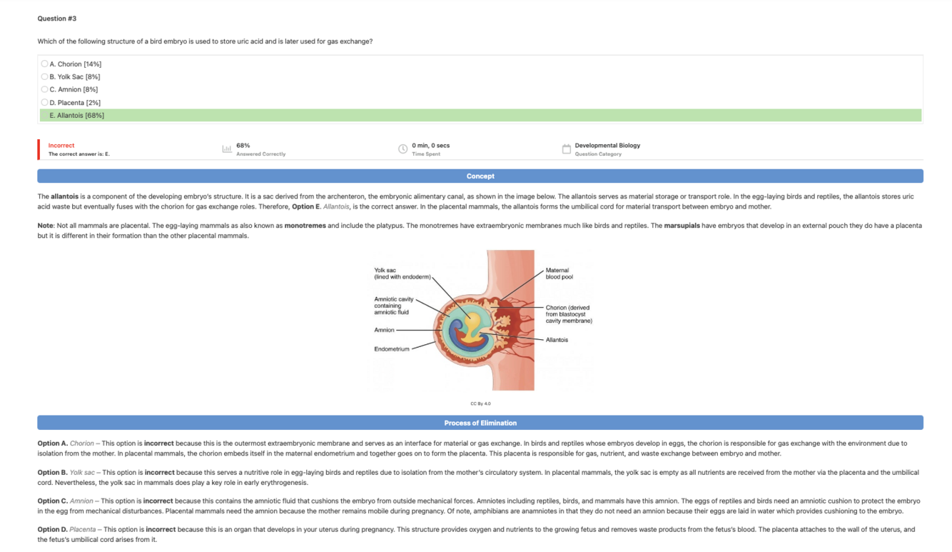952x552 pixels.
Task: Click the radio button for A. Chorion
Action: pos(44,64)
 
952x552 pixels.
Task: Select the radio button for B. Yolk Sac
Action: pos(44,76)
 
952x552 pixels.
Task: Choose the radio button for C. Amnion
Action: pos(44,89)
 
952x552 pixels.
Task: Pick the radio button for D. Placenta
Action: pos(44,102)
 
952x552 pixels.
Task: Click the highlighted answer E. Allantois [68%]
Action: pos(77,115)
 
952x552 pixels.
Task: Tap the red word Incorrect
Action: pos(61,145)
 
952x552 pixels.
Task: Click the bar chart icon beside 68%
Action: pos(227,149)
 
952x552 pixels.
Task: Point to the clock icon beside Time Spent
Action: pos(402,149)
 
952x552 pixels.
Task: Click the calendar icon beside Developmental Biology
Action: pos(566,149)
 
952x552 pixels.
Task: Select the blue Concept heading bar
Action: pos(480,176)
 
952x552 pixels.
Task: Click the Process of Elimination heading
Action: pos(480,423)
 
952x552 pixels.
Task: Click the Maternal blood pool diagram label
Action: pos(559,273)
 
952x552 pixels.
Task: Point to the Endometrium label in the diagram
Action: pos(392,349)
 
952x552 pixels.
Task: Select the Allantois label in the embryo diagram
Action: pos(557,340)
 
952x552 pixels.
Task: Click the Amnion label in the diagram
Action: pos(384,330)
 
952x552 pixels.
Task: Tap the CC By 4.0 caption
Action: pos(480,403)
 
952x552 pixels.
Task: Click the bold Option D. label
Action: pos(53,529)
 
